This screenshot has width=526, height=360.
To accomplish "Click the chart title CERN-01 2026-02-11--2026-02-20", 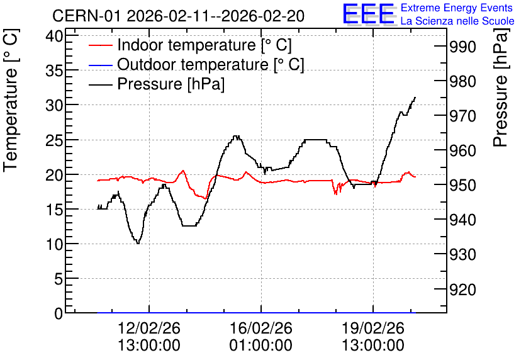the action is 179,16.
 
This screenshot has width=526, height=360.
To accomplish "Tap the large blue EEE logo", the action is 369,14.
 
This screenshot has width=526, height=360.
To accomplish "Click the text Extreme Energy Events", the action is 457,8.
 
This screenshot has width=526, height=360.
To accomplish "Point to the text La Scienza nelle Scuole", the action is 457,21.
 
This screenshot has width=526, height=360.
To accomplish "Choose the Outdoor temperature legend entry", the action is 196,64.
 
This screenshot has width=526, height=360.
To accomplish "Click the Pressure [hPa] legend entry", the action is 157,84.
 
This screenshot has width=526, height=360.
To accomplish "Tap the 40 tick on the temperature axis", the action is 54,36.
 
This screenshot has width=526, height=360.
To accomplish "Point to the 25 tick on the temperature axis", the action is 54,140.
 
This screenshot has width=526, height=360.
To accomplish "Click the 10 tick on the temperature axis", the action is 54,244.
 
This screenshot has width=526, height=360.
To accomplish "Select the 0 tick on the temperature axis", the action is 59,313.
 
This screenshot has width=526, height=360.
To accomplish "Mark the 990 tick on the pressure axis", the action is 462,47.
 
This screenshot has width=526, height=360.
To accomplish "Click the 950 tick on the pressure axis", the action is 462,185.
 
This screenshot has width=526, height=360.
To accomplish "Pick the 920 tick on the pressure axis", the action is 462,290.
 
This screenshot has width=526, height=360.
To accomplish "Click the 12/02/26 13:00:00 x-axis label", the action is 149,337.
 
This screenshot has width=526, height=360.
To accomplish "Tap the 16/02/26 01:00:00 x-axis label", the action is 260,337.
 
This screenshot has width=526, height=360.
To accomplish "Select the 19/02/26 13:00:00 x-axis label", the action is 373,337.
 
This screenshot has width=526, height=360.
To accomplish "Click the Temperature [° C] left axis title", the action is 11,100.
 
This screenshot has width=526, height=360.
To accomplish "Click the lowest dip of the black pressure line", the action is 138,243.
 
